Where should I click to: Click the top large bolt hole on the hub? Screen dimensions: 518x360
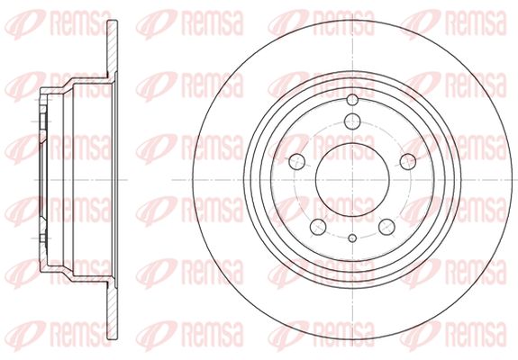point(352,121)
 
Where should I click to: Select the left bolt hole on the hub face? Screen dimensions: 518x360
point(296,161)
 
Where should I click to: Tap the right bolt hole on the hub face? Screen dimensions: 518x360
point(408,161)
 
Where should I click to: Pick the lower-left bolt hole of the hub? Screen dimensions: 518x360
point(318,227)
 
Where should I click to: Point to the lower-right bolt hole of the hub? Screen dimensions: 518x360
point(386,227)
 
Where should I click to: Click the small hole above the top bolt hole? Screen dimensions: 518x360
point(352,100)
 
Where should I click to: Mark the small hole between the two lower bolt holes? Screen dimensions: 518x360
point(352,238)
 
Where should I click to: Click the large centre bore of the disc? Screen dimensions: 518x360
point(352,180)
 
